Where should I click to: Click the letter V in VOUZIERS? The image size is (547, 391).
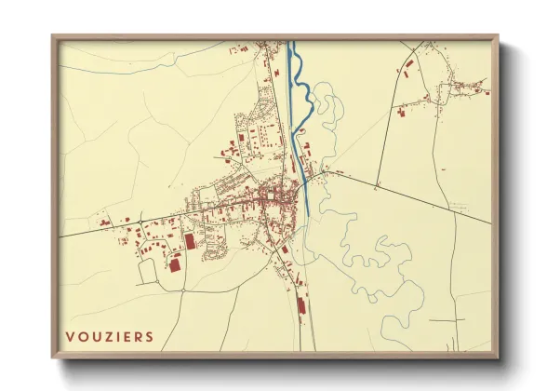click(70, 336)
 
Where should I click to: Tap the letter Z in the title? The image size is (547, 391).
click(104, 336)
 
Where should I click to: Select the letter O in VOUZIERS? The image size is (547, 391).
click(81, 336)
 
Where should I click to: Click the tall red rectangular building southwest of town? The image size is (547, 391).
click(191, 241)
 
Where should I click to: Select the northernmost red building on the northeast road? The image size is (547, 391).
click(409, 65)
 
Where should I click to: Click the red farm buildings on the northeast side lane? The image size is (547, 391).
click(402, 113)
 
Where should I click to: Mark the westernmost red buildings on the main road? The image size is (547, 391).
click(104, 223)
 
